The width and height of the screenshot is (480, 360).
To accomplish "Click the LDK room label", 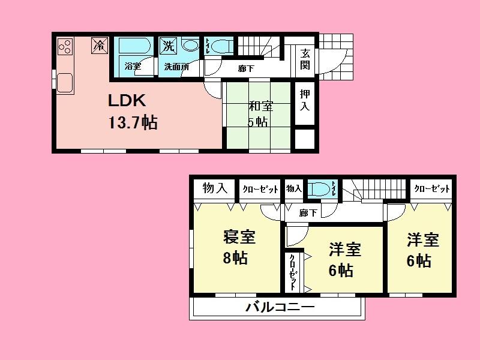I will [127, 100].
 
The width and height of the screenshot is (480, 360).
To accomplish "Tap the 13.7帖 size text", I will [133, 123].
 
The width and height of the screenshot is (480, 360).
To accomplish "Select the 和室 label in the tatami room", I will [261, 107].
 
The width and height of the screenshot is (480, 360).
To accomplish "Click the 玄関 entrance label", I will [305, 59].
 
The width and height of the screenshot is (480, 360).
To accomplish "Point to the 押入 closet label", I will [305, 100].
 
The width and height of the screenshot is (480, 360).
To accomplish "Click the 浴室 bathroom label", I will [133, 67].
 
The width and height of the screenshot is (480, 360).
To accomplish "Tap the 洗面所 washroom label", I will [176, 67].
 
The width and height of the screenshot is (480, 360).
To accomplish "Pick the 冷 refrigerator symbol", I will [100, 45].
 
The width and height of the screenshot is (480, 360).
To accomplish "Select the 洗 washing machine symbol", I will [168, 45].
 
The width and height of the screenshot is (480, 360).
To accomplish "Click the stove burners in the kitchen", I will [65, 46].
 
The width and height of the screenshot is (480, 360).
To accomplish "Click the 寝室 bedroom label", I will [239, 237].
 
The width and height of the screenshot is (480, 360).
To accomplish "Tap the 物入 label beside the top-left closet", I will [214, 188].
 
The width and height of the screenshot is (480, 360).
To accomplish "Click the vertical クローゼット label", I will [293, 269].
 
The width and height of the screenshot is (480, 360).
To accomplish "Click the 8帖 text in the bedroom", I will [235, 259].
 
